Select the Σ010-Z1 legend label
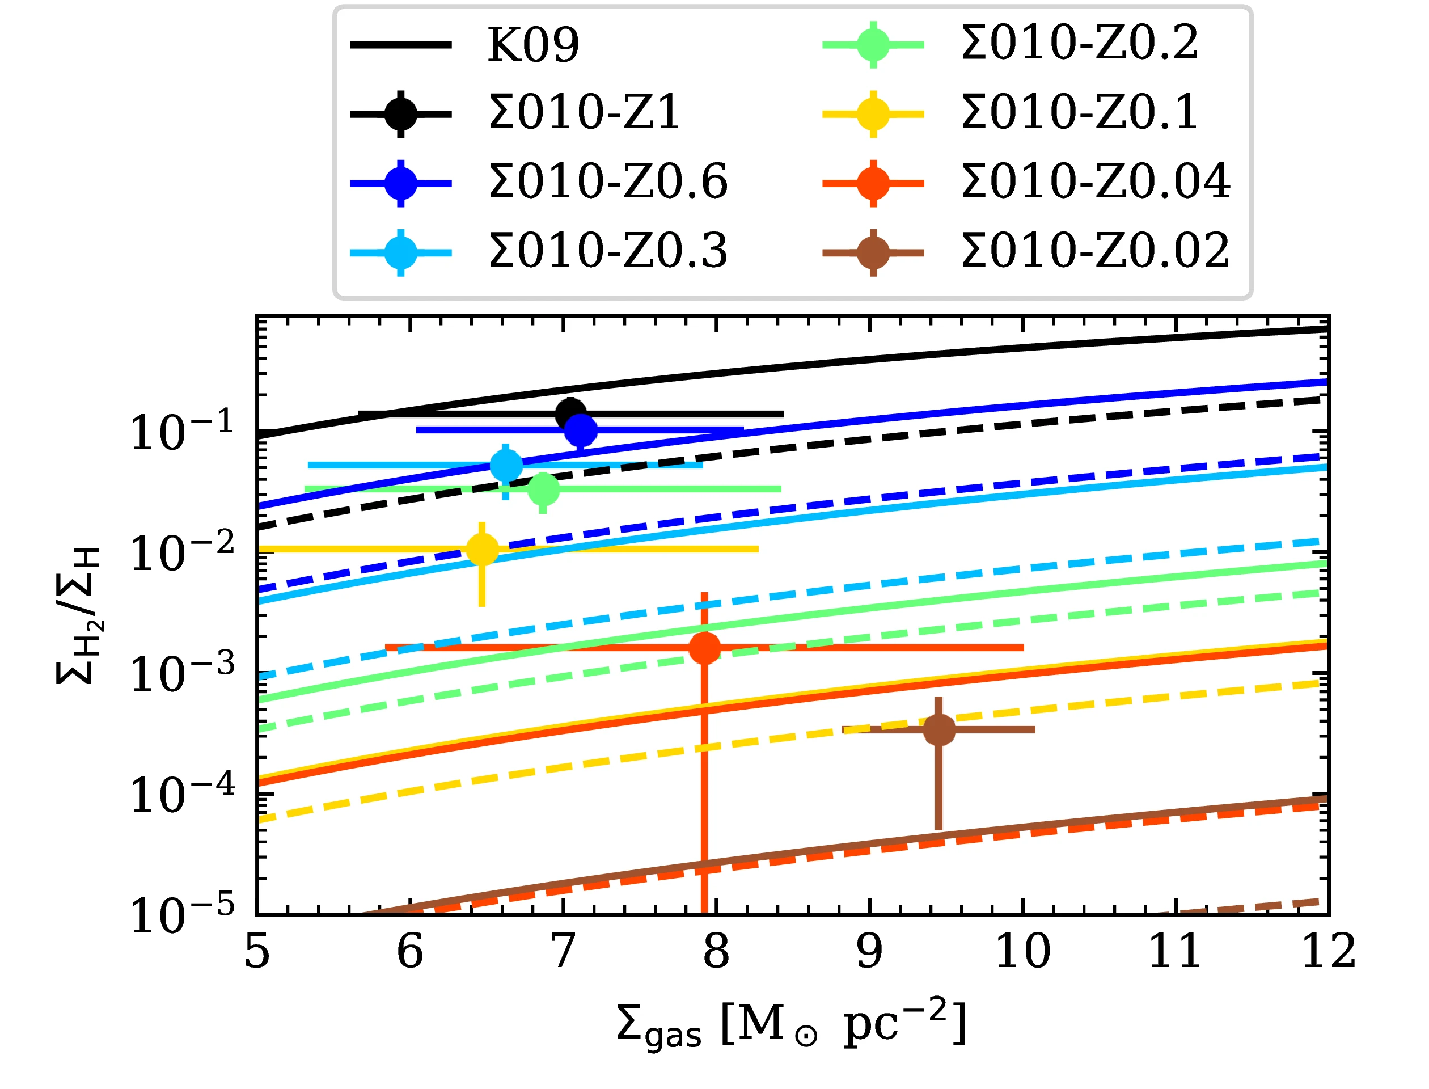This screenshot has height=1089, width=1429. pos(584,113)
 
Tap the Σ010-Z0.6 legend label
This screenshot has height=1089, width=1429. pos(608,182)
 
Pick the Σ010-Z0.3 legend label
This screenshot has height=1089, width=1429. pos(608,251)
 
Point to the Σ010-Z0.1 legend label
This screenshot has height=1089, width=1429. pos(1080,113)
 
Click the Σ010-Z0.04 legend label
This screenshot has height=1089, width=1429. pos(1095,182)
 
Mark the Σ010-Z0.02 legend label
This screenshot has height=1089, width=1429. pos(1095,251)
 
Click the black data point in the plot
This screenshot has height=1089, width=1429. pos(570,413)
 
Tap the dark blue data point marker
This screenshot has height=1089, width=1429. pos(581,430)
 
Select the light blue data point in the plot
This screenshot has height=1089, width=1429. pos(506,465)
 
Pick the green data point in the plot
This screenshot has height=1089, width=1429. pos(544,489)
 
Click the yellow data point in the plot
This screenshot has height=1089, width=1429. pos(482,549)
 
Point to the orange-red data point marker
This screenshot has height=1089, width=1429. pos(704,648)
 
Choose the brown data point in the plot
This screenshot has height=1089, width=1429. pos(938,729)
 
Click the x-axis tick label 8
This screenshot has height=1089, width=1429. pos(716,952)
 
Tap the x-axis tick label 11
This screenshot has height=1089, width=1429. pos(1175,952)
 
